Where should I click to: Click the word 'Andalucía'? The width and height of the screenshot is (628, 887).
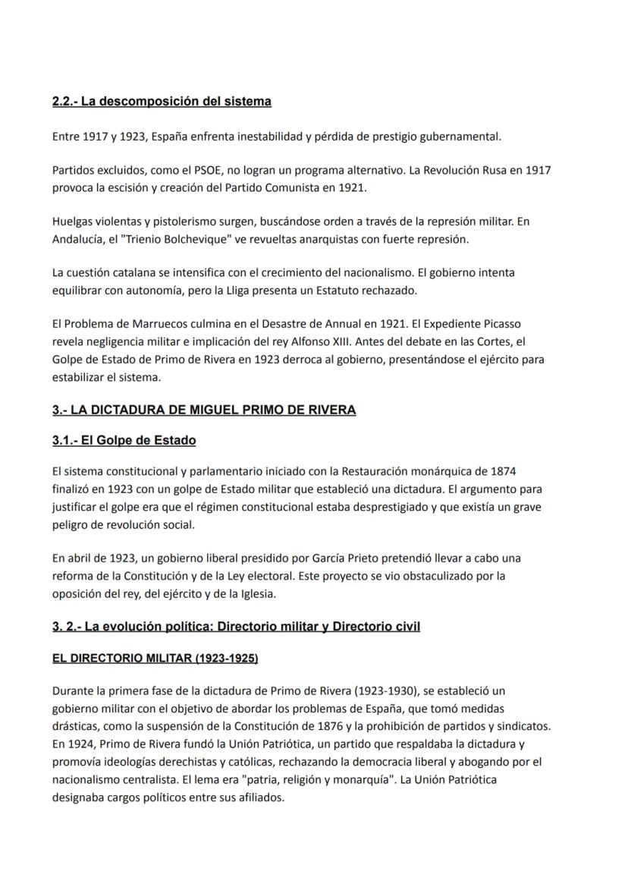79,239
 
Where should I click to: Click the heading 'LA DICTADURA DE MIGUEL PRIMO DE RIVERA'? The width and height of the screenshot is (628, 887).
204,410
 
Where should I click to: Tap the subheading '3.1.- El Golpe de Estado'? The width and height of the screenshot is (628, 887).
124,440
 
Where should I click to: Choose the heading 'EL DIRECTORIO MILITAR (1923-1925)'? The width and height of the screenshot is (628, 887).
155,658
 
